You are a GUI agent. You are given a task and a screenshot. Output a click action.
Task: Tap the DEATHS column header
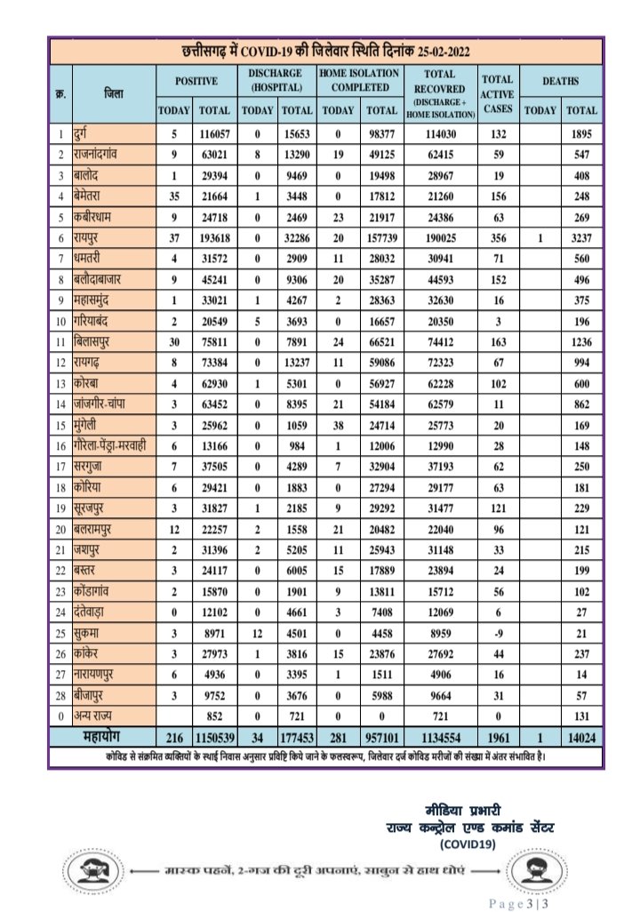click(562, 81)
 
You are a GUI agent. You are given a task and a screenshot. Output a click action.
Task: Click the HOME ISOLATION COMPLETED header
click(360, 80)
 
